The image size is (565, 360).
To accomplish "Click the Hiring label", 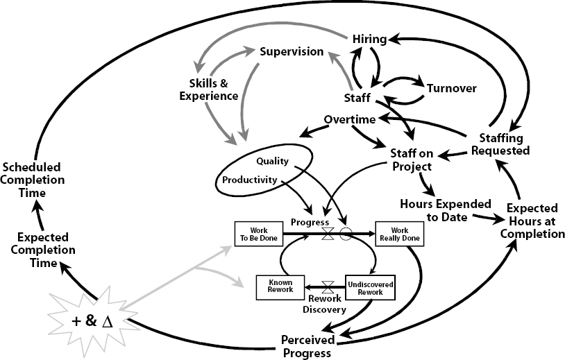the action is click(x=369, y=40).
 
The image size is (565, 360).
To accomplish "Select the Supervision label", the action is click(x=292, y=51).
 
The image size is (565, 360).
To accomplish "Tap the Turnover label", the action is click(x=452, y=88).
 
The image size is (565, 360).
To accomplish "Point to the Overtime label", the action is click(x=350, y=119).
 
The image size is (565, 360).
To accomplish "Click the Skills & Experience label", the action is click(x=209, y=89).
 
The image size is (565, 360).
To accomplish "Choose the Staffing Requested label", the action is click(x=500, y=144).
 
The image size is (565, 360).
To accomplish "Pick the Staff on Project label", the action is click(x=412, y=160).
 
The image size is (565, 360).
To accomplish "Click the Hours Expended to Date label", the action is click(x=446, y=211).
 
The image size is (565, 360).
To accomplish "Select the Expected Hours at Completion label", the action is click(x=532, y=221).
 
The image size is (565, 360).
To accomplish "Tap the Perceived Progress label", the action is click(x=307, y=346).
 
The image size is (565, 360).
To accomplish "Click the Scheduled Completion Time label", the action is click(x=33, y=180).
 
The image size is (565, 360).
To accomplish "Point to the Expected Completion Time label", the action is click(x=43, y=250).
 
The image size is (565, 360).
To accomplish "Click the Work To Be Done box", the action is click(x=259, y=234).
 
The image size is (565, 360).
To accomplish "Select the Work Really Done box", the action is click(x=400, y=234).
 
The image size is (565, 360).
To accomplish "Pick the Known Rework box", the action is click(x=280, y=288).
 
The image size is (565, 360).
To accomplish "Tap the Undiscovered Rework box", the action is click(x=371, y=288).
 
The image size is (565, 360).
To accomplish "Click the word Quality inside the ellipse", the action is click(x=272, y=161).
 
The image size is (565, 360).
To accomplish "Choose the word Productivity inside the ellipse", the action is click(x=249, y=180).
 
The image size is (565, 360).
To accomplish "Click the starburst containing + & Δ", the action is click(x=93, y=321).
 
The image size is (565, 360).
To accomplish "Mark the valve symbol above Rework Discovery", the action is click(x=328, y=287).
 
